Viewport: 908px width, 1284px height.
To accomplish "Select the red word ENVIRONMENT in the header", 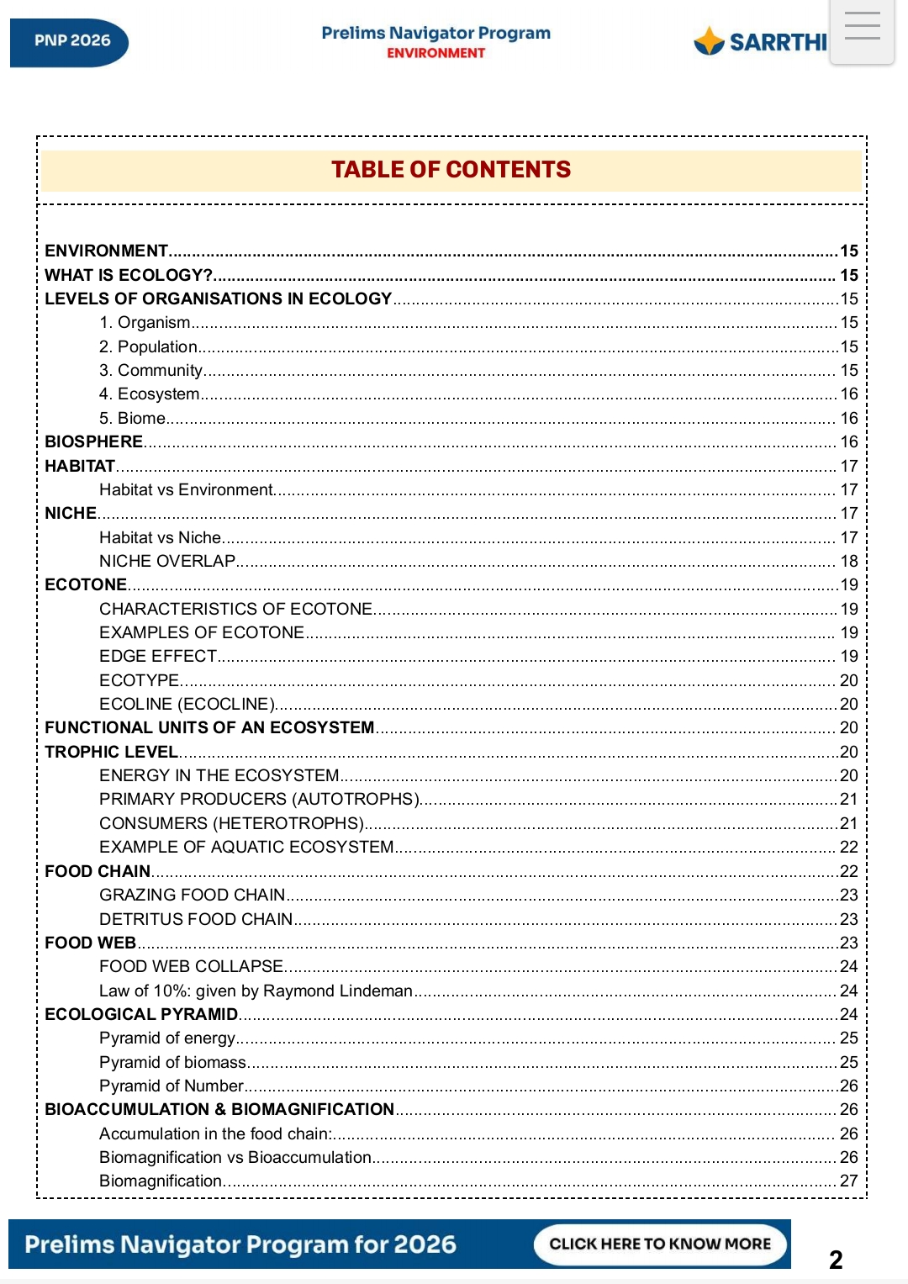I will click(x=436, y=53).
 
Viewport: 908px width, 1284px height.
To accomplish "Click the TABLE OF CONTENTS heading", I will click(x=451, y=170).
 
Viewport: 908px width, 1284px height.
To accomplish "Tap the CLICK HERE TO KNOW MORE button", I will click(x=660, y=1244).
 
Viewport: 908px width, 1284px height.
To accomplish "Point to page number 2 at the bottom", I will click(x=836, y=1259).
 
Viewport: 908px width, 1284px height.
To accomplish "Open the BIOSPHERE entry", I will click(x=94, y=441).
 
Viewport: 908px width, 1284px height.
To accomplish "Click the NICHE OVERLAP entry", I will click(x=167, y=561).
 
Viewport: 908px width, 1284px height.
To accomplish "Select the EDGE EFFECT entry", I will click(x=158, y=656).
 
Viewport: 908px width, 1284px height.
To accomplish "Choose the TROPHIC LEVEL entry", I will click(x=111, y=752).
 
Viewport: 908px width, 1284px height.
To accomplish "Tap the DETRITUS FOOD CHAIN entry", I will click(x=196, y=919).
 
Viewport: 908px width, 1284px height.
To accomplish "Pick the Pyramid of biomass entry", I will click(x=173, y=1062).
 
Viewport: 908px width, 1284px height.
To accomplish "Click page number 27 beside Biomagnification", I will click(x=848, y=1181).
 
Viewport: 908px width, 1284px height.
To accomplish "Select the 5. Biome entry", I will click(x=133, y=418).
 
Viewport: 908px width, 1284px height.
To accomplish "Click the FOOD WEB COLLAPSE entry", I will click(x=191, y=966).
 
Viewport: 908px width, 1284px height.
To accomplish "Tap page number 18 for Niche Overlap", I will click(x=848, y=561).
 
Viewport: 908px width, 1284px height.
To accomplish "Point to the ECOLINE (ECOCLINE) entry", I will click(x=187, y=704).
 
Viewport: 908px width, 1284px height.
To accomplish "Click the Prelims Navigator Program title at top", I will click(x=436, y=33).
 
